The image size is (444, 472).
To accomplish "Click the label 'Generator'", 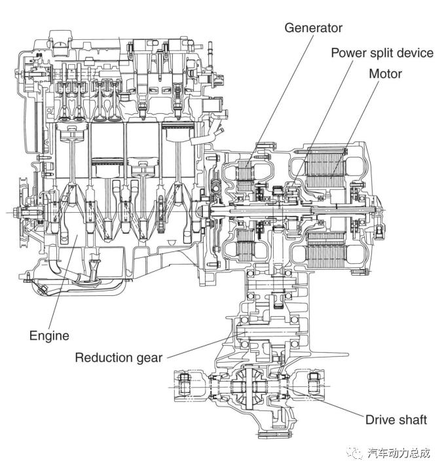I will [313, 28].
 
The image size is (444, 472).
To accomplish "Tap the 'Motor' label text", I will [386, 73].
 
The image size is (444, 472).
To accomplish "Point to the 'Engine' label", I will [49, 336].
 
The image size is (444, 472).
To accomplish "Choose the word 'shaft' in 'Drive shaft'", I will [411, 419].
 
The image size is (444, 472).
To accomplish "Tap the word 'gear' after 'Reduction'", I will [149, 357].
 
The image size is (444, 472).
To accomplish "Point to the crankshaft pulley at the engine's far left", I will [26, 209].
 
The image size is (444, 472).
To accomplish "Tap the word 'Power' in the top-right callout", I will [347, 52].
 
